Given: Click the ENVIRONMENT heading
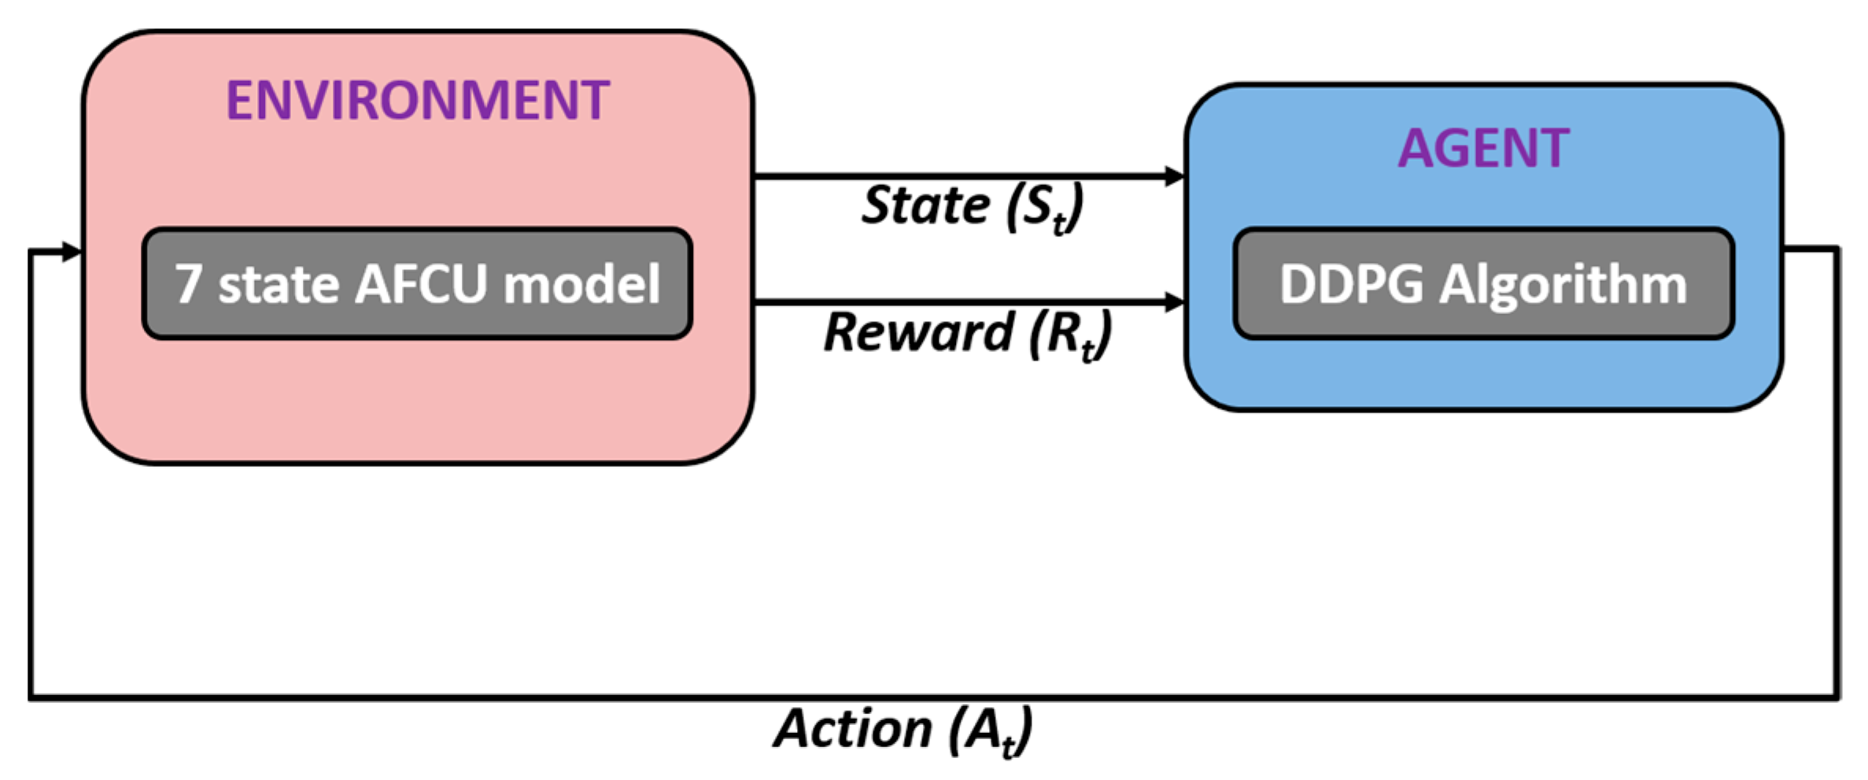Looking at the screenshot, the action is (418, 101).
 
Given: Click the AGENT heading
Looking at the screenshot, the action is (1483, 148).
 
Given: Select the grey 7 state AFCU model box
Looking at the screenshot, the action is (417, 284).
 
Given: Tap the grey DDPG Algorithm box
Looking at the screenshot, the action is (1483, 284).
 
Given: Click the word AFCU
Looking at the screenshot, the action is (422, 284).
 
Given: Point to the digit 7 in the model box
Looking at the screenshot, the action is (188, 284).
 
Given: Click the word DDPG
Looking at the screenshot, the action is (1351, 284).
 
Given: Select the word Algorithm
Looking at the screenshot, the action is (1563, 286).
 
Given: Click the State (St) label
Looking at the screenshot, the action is (973, 207).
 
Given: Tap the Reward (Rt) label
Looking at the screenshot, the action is (968, 334).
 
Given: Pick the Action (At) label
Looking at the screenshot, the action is (903, 730).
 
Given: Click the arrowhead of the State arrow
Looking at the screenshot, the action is (1174, 176).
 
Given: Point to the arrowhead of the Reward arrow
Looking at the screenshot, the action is (1174, 301).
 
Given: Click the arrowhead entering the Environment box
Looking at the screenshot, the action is (72, 252).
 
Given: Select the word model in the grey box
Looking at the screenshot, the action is (581, 284).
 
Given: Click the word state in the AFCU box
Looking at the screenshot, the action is (279, 286).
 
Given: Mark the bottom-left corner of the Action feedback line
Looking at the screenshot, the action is (31, 697).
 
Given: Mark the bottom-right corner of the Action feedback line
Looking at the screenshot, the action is (1838, 697).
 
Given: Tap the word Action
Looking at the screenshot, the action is (853, 728).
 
